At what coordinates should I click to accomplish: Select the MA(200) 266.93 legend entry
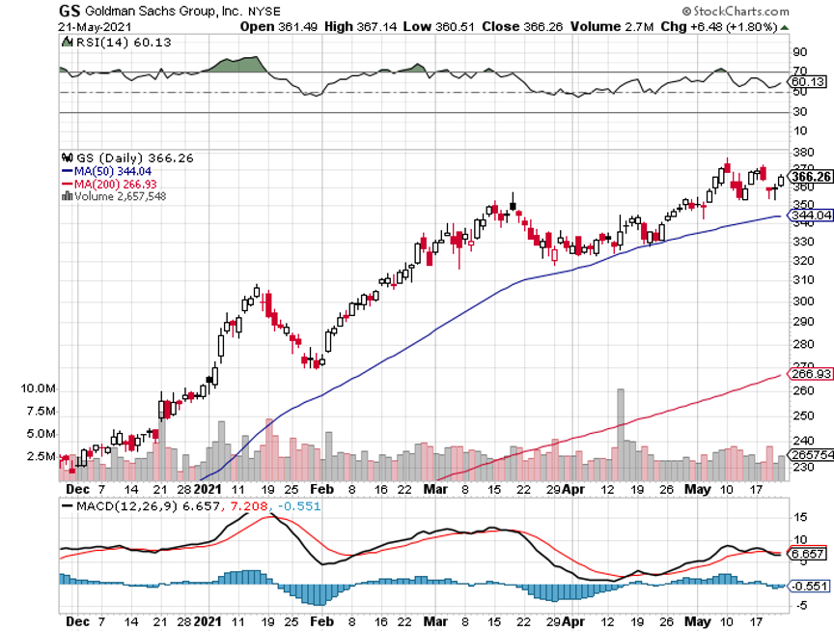(107, 183)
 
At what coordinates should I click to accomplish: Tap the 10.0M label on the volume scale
(36, 388)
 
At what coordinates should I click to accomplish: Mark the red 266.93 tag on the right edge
(812, 374)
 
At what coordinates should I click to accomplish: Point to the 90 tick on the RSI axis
(799, 52)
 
